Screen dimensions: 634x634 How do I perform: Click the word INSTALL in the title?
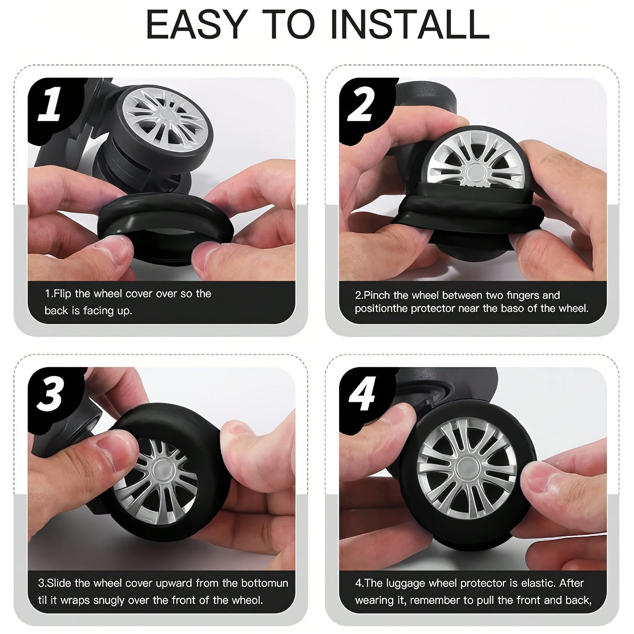(409, 24)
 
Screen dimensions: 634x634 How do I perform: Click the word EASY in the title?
(197, 24)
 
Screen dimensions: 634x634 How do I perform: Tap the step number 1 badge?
(50, 104)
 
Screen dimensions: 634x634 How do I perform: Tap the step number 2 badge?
(361, 105)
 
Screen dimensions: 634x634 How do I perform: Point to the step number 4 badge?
(362, 393)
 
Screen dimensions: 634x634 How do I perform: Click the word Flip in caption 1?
(63, 293)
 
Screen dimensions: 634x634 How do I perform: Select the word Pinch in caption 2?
(377, 295)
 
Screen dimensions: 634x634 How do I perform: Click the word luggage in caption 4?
(406, 583)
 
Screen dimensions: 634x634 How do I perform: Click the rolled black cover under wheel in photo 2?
(471, 215)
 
